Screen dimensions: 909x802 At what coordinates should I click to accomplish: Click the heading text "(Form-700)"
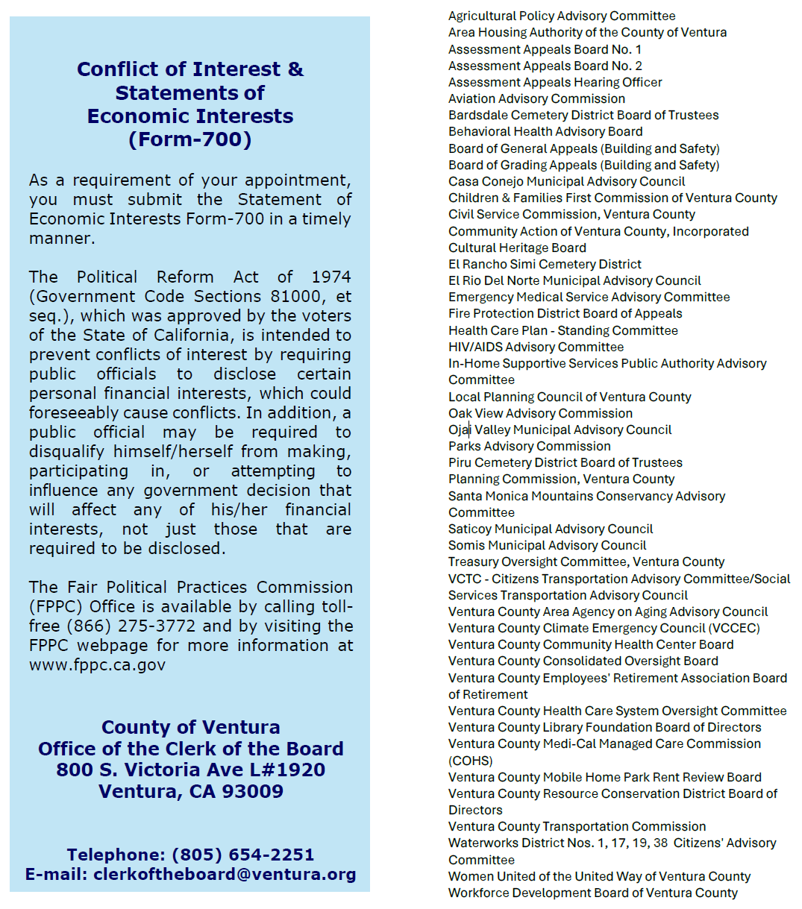tap(190, 139)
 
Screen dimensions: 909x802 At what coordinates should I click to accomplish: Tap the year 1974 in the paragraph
tap(331, 277)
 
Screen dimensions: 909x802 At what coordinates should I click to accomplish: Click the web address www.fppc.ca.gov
tap(97, 665)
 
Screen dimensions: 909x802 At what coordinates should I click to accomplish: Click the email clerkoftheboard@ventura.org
tap(225, 874)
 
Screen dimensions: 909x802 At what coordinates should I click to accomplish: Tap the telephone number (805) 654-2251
tap(243, 855)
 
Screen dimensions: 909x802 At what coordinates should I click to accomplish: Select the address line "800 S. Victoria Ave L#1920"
tap(191, 770)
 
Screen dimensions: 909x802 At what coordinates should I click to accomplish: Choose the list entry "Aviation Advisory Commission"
tap(536, 98)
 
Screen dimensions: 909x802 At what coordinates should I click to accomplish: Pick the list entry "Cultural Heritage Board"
tap(517, 248)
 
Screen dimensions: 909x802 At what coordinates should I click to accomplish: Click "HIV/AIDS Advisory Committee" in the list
tap(536, 347)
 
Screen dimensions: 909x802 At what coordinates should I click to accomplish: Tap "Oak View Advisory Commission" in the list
tap(540, 413)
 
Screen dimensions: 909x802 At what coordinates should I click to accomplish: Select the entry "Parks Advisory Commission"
tap(529, 446)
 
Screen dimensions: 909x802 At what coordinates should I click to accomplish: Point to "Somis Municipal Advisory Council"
tap(547, 545)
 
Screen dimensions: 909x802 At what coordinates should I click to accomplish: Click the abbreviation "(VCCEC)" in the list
tap(734, 628)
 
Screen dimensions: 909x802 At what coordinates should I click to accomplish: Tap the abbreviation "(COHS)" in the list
tap(470, 761)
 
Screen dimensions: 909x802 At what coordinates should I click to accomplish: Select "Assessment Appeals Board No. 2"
tap(545, 66)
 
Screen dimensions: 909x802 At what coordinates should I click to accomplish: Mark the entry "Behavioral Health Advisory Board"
tap(545, 131)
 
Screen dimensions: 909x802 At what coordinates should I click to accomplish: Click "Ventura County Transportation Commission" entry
tap(577, 826)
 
